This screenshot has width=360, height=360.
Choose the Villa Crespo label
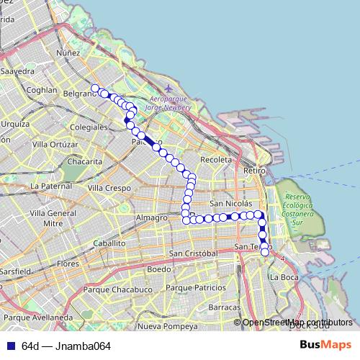(105, 187)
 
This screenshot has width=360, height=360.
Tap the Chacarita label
(81, 161)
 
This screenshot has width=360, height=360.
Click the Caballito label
(109, 243)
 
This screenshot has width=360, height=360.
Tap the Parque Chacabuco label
(116, 289)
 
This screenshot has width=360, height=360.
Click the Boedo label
(159, 269)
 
